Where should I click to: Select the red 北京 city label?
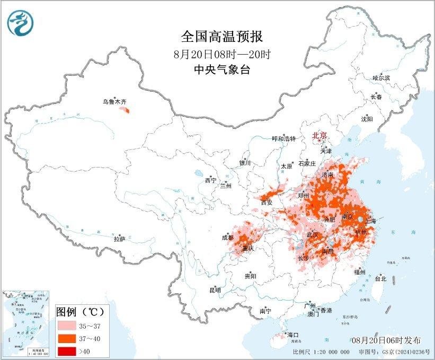320,135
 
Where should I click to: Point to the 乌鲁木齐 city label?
115,101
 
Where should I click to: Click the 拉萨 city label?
119,239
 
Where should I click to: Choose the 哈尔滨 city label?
380,78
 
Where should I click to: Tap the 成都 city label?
228,238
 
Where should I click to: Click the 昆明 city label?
215,290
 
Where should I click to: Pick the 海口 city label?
293,335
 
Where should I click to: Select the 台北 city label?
380,278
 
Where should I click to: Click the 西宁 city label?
211,180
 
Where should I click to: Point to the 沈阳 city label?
367,119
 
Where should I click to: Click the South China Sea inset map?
27,323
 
